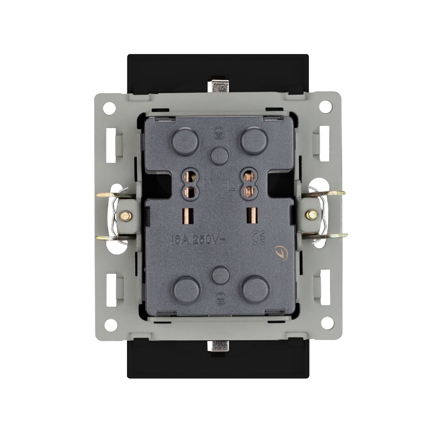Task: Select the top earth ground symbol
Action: pyautogui.click(x=217, y=133)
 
